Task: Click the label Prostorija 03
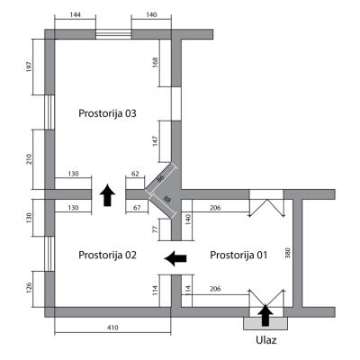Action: point(107,113)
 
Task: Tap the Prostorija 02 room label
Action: point(107,256)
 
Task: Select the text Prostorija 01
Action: point(238,256)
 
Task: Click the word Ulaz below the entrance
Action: point(266,340)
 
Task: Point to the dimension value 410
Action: point(112,328)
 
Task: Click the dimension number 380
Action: point(289,253)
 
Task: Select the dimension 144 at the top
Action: point(75,14)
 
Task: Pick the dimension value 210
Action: point(29,159)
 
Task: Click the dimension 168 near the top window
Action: point(155,62)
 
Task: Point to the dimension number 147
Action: point(155,141)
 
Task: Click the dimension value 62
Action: point(135,174)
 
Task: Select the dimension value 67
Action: point(137,208)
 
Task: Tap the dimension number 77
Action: point(155,229)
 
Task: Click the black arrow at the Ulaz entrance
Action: point(265,315)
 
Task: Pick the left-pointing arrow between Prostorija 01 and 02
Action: point(175,258)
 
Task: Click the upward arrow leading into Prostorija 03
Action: point(107,195)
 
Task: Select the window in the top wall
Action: point(113,34)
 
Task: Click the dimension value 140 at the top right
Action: point(151,14)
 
